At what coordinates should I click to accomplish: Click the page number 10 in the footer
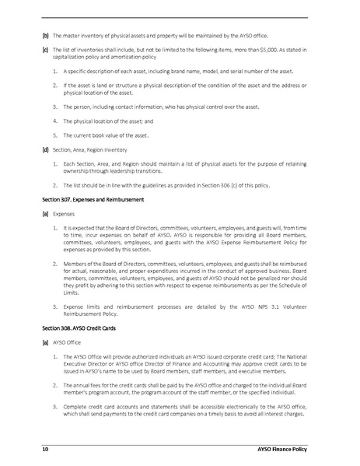46,450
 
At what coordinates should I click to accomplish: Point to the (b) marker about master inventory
45,36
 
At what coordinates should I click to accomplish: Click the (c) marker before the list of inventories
45,48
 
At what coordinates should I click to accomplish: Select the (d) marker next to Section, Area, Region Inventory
45,148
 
